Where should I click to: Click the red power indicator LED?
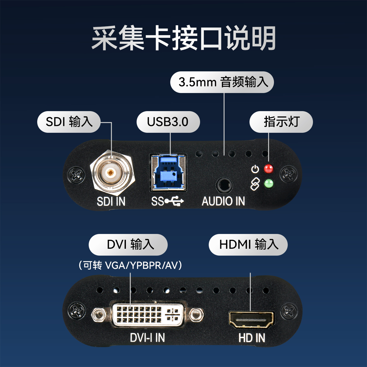pyautogui.click(x=269, y=169)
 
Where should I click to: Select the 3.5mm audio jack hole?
pyautogui.click(x=224, y=185)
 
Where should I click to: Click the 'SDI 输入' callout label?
pyautogui.click(x=69, y=122)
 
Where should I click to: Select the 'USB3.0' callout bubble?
pyautogui.click(x=168, y=122)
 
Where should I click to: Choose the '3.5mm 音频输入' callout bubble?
pyautogui.click(x=222, y=82)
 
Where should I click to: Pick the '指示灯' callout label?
pyautogui.click(x=281, y=122)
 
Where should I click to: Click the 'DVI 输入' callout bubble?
pyautogui.click(x=128, y=245)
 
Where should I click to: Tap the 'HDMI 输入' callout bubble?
pyautogui.click(x=248, y=245)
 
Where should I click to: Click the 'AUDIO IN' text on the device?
pyautogui.click(x=223, y=201)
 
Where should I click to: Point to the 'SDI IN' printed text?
pyautogui.click(x=111, y=201)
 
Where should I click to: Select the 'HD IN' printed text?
pyautogui.click(x=252, y=338)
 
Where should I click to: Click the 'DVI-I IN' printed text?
pyautogui.click(x=147, y=338)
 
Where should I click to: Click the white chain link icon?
pyautogui.click(x=255, y=184)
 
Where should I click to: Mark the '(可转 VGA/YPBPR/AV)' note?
pyautogui.click(x=130, y=265)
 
